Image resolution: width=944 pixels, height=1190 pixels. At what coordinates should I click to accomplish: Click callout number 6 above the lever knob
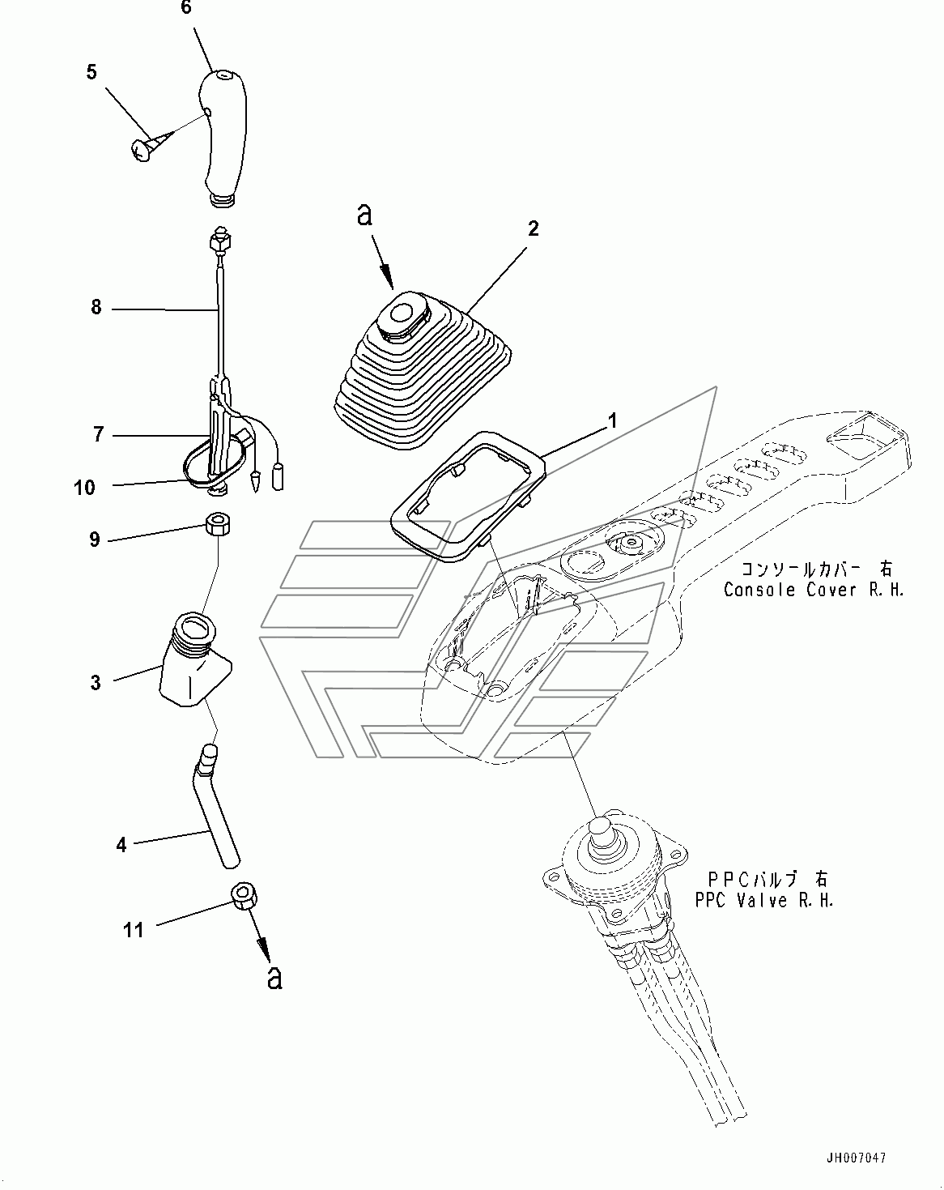[186, 7]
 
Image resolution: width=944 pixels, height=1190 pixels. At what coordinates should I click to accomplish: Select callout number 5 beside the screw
[91, 72]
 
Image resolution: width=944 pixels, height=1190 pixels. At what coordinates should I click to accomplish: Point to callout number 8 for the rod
[96, 307]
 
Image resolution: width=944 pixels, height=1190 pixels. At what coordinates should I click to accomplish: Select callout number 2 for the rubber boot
[533, 228]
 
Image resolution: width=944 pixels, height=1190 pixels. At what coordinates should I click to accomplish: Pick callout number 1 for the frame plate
[612, 421]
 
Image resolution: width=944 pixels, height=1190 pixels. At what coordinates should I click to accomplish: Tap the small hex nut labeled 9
[217, 523]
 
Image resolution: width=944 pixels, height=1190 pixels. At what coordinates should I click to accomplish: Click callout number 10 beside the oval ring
[84, 488]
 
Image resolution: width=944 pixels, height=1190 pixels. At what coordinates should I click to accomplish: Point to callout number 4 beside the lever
[121, 844]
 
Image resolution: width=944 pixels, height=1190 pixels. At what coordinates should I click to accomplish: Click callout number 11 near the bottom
[134, 930]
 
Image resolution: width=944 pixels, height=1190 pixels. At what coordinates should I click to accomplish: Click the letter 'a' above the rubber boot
[364, 214]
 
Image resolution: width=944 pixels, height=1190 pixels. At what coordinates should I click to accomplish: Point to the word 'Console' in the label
[760, 590]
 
